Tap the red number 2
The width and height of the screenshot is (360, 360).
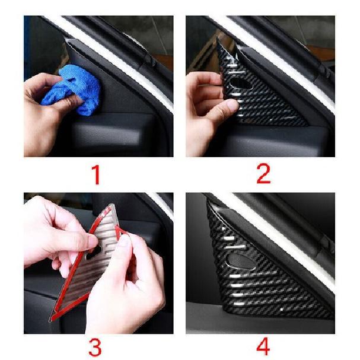[x=263, y=174]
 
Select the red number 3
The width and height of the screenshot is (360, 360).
[x=95, y=348]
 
